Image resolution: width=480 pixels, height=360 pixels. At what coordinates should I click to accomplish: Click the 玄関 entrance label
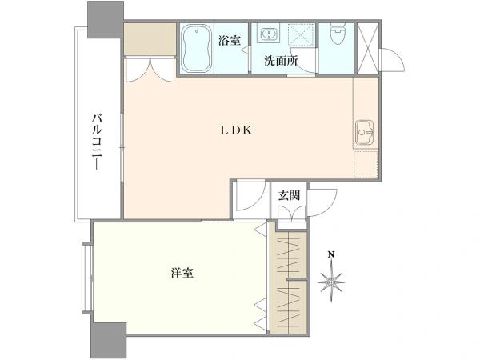point(289,194)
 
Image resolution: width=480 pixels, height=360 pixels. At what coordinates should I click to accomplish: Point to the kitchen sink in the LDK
point(365,130)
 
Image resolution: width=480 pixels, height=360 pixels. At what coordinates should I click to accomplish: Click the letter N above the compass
point(330,256)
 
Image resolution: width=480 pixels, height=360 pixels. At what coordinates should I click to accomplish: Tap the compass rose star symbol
point(330,282)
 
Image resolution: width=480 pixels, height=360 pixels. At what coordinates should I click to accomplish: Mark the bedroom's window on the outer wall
point(87,277)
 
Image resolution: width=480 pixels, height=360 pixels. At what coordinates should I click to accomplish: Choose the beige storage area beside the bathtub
point(149,39)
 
